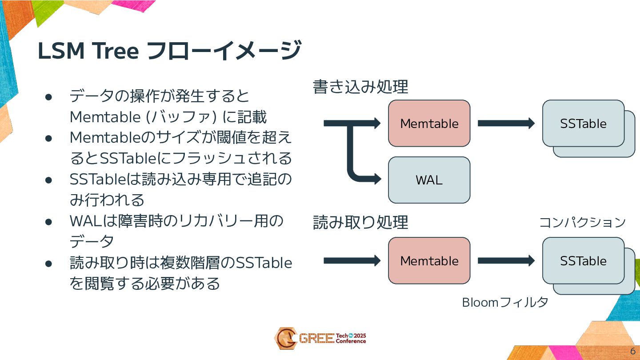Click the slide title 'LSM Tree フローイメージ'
point(169,51)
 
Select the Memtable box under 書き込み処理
point(429,123)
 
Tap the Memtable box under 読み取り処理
point(429,260)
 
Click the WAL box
point(429,180)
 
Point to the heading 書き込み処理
point(360,87)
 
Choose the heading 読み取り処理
point(360,222)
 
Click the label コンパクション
point(582,222)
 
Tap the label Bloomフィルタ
point(505,303)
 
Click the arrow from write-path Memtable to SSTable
point(506,123)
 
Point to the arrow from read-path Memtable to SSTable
point(506,260)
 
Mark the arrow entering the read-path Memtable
point(352,260)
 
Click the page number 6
point(632,350)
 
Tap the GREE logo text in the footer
point(316,339)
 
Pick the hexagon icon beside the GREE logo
point(284,338)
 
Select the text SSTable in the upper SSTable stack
point(583,124)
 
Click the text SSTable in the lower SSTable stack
point(583,261)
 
